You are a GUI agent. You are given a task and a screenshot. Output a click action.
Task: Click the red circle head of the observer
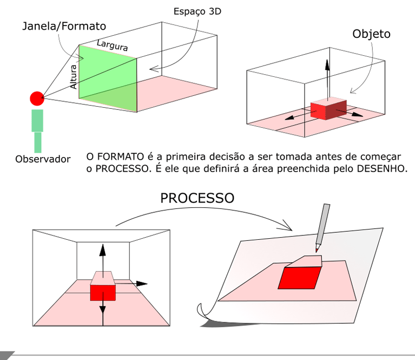37,99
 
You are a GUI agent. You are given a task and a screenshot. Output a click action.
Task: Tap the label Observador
43,159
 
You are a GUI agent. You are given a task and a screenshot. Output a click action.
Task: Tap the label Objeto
371,34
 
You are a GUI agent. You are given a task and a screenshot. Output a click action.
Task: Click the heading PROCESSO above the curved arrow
197,198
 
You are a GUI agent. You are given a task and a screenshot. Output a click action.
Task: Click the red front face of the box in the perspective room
103,292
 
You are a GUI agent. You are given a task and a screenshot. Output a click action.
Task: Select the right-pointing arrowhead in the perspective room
142,283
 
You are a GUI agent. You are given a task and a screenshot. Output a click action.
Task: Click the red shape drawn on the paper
298,276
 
